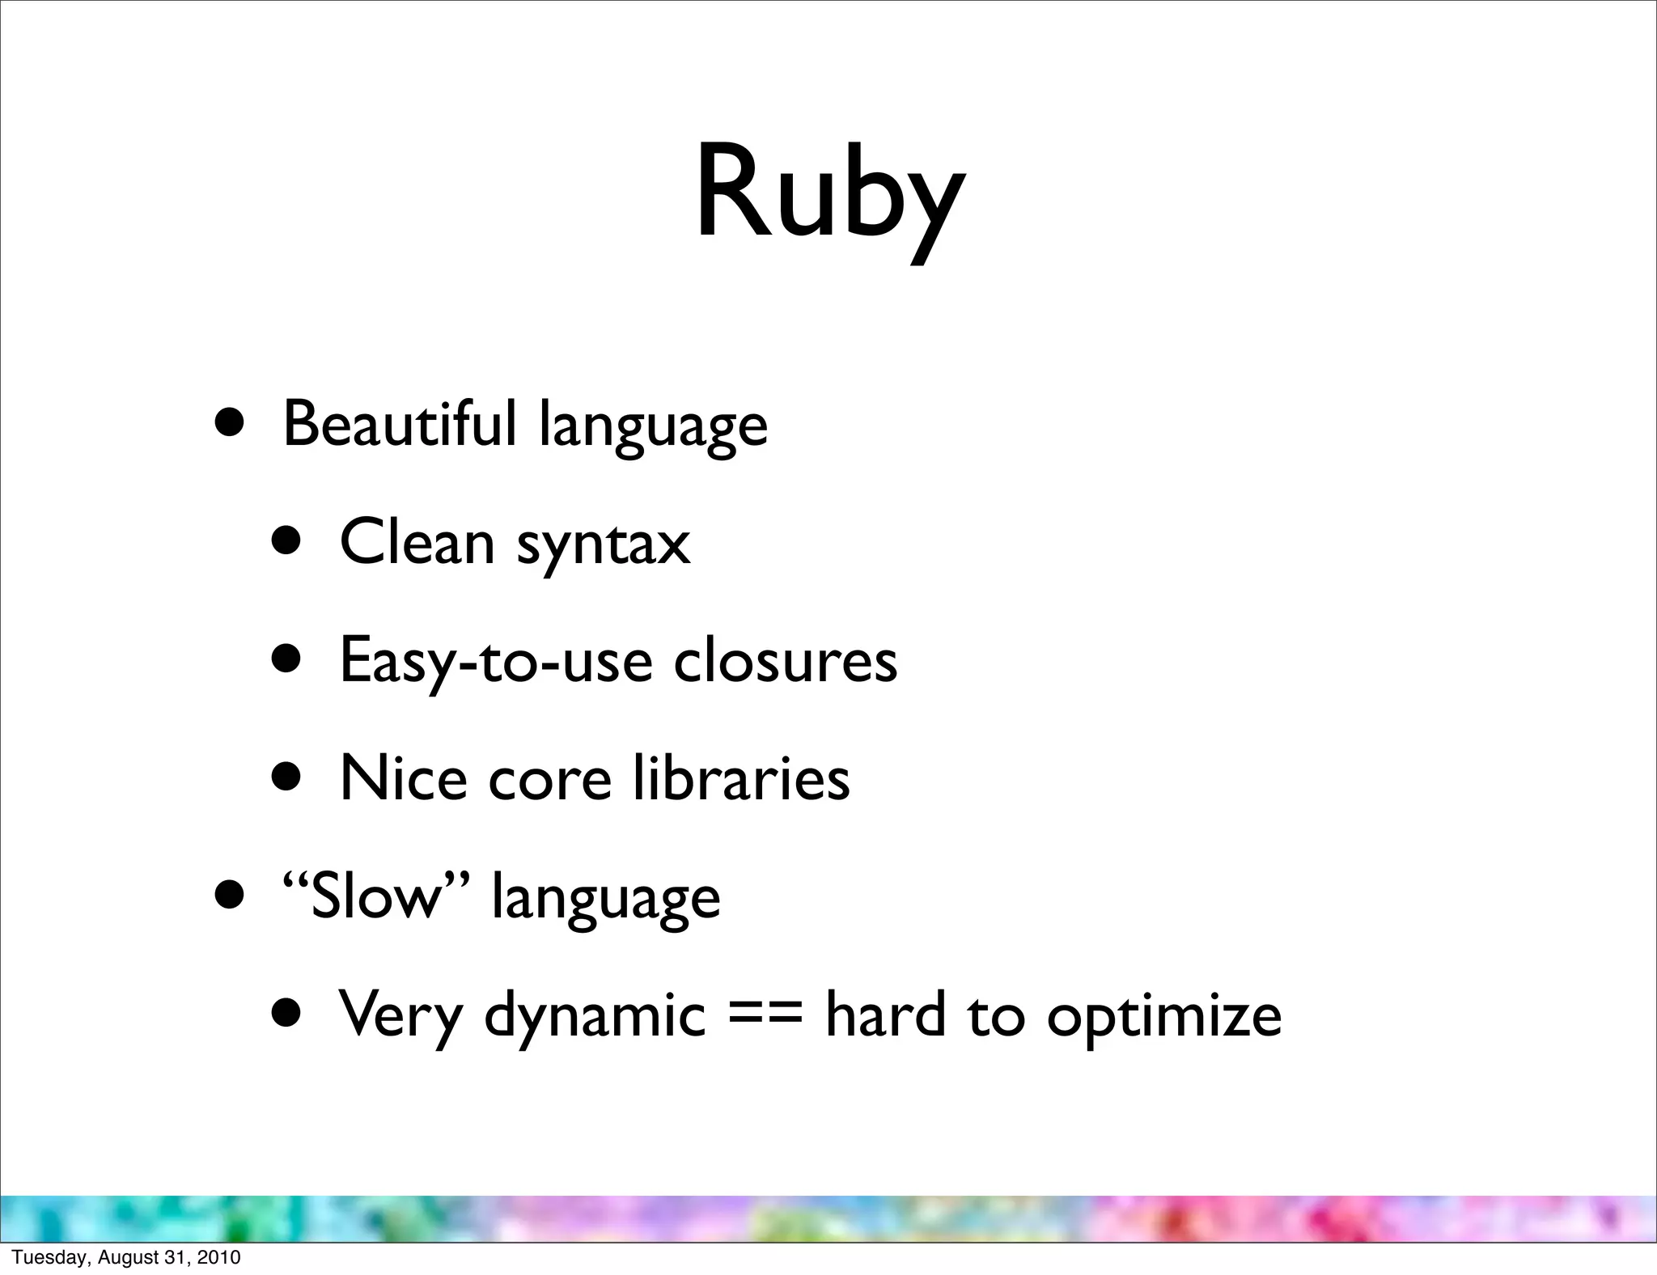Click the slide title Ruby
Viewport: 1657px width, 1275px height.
coord(830,194)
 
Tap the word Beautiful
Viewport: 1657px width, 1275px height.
coord(399,423)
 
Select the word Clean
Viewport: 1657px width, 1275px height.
coord(417,541)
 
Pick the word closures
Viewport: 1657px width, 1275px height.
coord(785,659)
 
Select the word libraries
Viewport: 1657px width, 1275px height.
coord(741,777)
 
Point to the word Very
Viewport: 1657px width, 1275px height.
coord(400,1015)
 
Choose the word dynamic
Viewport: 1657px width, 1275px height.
coord(595,1015)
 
